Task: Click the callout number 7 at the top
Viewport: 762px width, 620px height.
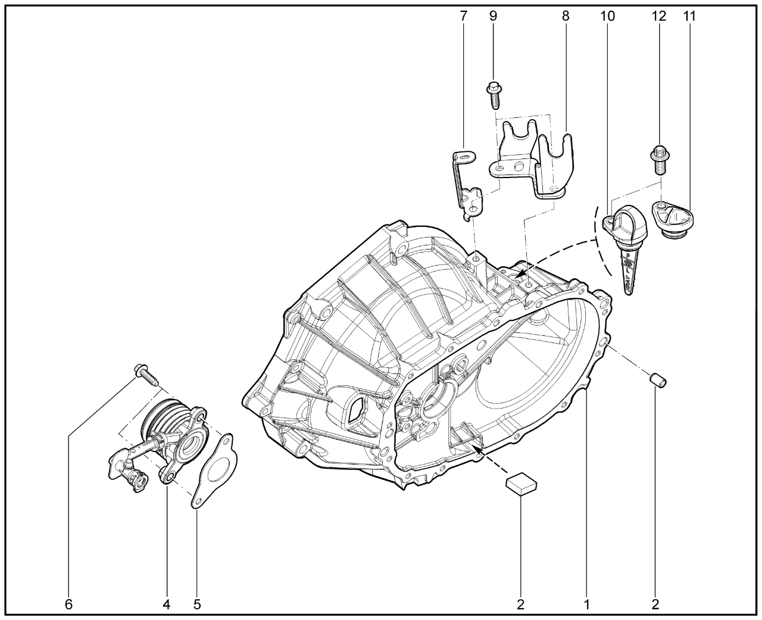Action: point(463,16)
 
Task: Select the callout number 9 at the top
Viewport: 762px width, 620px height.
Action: point(493,16)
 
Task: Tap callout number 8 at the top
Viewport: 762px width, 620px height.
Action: point(565,16)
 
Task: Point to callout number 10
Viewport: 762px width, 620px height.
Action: point(607,16)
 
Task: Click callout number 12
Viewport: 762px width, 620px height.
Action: point(660,16)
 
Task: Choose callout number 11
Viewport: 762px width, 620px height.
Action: point(689,16)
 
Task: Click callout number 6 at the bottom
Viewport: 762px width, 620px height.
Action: point(68,605)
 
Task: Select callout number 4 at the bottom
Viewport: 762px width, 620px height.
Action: point(166,605)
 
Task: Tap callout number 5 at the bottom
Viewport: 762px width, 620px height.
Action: point(197,605)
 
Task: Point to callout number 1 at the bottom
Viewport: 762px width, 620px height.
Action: point(586,605)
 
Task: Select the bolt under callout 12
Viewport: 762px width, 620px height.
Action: point(660,160)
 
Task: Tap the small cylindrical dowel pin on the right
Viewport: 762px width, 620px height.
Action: point(658,379)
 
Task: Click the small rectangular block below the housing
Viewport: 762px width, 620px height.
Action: point(521,483)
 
